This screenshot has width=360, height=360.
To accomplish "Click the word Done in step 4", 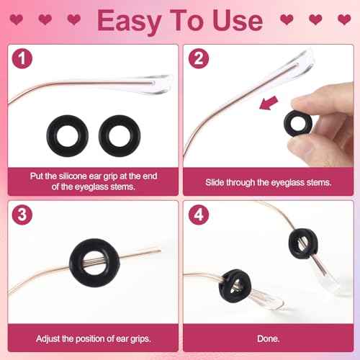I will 269,338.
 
